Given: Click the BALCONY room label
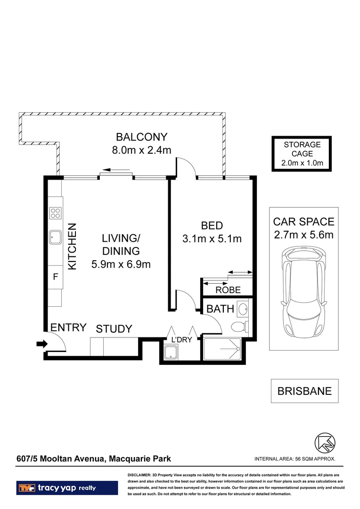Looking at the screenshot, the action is click(x=141, y=137).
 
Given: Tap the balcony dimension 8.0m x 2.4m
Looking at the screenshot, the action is click(x=141, y=150).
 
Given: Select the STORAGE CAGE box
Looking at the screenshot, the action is click(x=302, y=154).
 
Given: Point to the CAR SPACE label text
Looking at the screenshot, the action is click(x=303, y=222).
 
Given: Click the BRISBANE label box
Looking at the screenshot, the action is click(x=304, y=391).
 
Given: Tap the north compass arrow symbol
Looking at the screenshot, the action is click(x=325, y=443).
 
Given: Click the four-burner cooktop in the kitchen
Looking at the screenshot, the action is click(x=55, y=213).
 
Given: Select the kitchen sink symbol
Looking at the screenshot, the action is click(x=55, y=237).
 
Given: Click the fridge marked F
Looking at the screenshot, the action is click(x=55, y=277).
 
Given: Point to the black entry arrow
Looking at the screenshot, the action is click(x=42, y=344).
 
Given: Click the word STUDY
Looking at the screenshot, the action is click(x=114, y=329).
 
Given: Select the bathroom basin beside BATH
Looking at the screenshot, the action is click(x=243, y=309).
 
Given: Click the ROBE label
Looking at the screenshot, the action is click(x=228, y=290).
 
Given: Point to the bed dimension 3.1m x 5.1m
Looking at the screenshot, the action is click(x=212, y=239).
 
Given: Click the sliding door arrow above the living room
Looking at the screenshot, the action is click(x=115, y=170).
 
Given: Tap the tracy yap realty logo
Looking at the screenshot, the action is click(x=67, y=488).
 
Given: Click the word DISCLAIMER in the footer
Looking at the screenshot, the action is click(x=139, y=475).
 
